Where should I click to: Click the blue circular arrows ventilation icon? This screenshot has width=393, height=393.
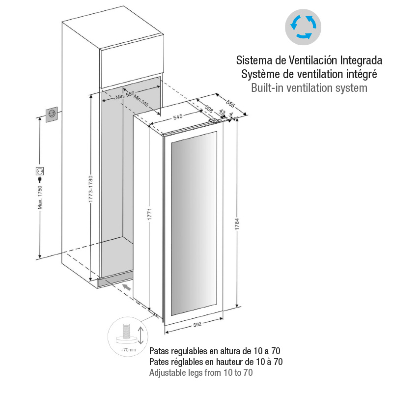[303, 27]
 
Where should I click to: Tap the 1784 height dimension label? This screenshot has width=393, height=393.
[237, 224]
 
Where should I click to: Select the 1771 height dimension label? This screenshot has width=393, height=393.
[150, 214]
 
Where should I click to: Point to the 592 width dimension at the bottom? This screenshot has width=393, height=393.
[197, 325]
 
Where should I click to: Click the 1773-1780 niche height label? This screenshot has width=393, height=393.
[91, 189]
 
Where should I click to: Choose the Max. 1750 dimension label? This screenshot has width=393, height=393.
[40, 197]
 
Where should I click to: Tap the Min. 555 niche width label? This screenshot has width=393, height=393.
[125, 95]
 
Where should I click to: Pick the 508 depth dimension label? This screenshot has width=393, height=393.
[209, 109]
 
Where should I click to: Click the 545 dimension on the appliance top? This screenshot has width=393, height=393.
[178, 117]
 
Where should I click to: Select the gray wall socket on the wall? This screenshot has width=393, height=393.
[52, 114]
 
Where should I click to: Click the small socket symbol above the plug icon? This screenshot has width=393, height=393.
[40, 171]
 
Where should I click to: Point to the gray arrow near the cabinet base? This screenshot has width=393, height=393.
[127, 287]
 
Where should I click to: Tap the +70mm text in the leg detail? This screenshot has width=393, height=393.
[128, 350]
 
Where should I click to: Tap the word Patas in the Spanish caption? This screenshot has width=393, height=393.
[159, 351]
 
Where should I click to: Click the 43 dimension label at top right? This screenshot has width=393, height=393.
[223, 112]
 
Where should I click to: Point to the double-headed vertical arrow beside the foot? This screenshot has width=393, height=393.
[140, 336]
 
